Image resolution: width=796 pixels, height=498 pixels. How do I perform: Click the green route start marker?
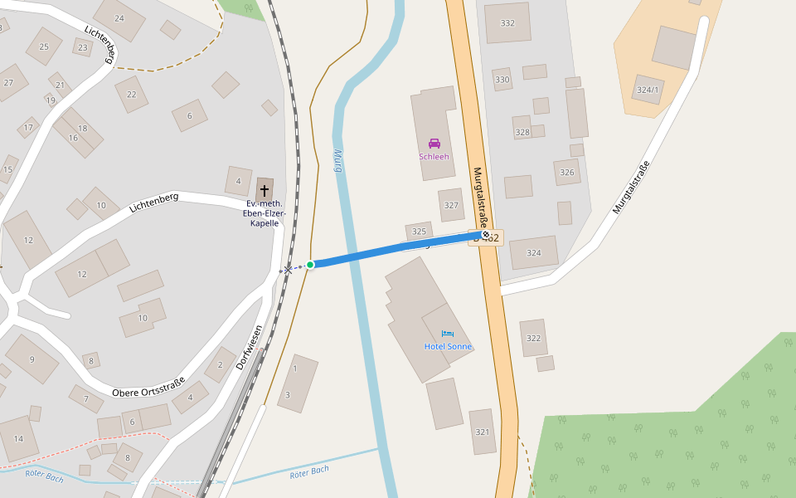tap(310, 265)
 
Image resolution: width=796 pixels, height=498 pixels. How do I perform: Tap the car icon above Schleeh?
tap(434, 143)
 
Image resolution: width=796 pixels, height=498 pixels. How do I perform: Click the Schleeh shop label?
tap(434, 156)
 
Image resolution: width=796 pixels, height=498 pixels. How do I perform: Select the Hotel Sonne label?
tap(448, 346)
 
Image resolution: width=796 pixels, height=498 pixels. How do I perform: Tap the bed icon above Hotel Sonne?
tap(448, 333)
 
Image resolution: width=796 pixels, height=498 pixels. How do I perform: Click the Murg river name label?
tap(338, 160)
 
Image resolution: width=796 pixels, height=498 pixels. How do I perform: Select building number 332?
tap(507, 23)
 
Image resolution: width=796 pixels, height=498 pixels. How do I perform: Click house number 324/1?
tap(648, 90)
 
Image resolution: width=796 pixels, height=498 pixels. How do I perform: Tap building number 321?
tap(483, 432)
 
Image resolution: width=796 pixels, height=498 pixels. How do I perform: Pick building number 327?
tap(451, 205)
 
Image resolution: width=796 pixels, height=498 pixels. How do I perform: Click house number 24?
tap(119, 18)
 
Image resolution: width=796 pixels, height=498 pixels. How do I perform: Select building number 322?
tap(533, 338)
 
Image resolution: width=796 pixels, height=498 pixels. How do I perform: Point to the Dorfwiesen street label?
tap(250, 347)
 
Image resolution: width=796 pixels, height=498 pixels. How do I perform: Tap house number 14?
tap(18, 438)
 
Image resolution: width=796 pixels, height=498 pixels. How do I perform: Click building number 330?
tap(502, 80)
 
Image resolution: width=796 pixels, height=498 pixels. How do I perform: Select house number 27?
tap(8, 82)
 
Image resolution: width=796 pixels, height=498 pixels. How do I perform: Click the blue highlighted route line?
tap(390, 251)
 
